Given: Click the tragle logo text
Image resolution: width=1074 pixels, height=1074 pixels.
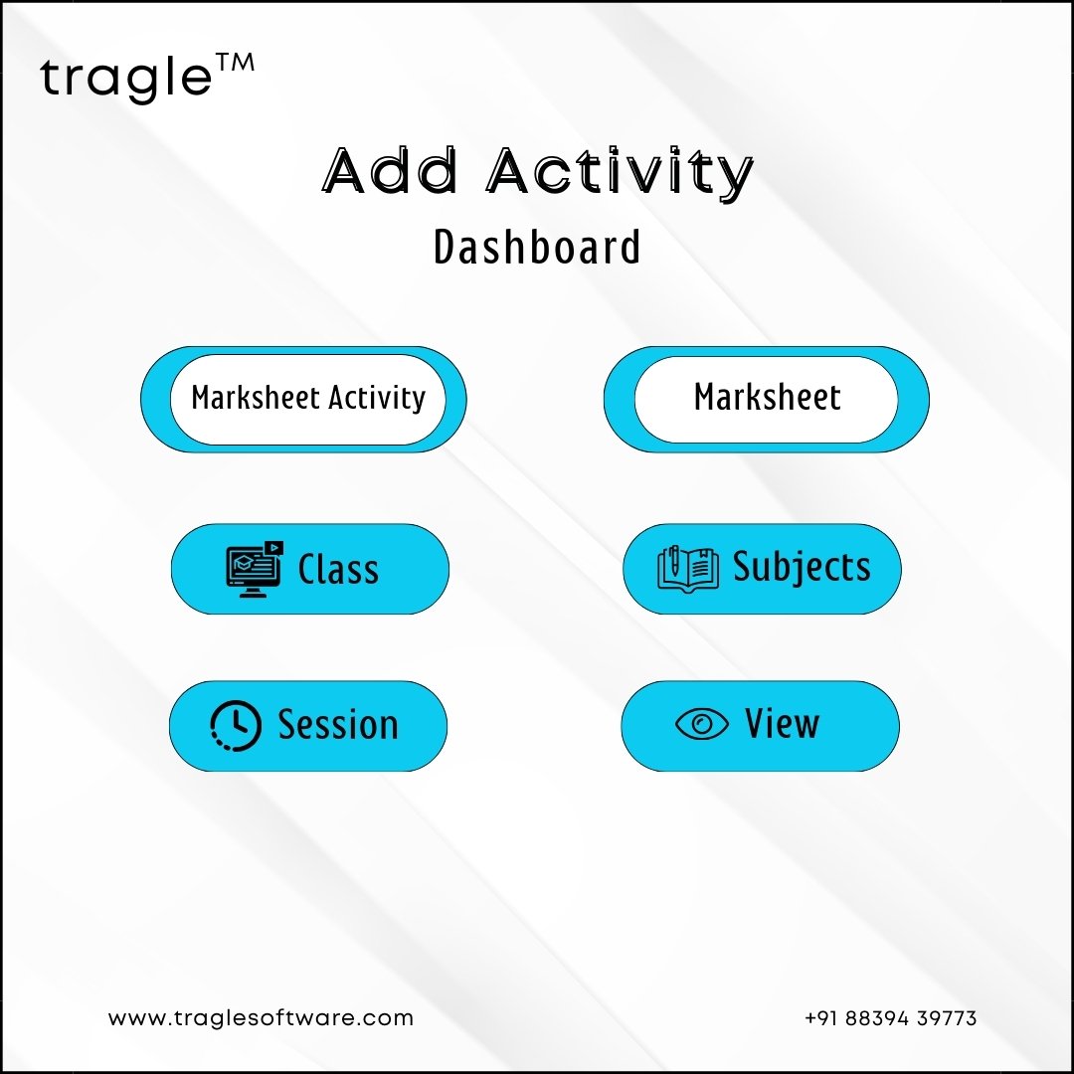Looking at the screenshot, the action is [126, 80].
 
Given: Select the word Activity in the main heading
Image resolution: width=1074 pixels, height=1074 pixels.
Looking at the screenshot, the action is [620, 173].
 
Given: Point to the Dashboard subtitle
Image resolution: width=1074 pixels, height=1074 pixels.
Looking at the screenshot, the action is [537, 247].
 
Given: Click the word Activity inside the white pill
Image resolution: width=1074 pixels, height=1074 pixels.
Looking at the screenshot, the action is [377, 398].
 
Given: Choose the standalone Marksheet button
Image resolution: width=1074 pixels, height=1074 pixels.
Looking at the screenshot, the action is [767, 400].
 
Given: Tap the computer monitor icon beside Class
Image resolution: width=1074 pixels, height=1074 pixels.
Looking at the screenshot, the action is [255, 569].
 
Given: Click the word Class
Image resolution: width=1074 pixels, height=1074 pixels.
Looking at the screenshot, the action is [338, 569].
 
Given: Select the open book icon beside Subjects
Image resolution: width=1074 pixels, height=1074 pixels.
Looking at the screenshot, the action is [688, 569].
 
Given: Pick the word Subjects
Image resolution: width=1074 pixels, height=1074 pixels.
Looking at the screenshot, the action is [803, 568].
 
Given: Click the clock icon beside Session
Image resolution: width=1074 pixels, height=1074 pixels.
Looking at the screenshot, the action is [235, 725].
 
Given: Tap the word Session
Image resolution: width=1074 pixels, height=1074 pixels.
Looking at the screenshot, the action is [338, 725].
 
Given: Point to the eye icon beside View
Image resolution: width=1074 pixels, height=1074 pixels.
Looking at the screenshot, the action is [701, 724].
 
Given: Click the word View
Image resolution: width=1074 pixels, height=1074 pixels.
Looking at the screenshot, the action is [783, 723].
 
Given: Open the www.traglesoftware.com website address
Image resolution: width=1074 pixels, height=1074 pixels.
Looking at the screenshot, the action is [261, 1018].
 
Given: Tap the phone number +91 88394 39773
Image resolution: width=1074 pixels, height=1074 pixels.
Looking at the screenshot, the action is [890, 1018].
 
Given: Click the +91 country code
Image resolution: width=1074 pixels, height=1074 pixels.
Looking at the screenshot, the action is [821, 1018].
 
